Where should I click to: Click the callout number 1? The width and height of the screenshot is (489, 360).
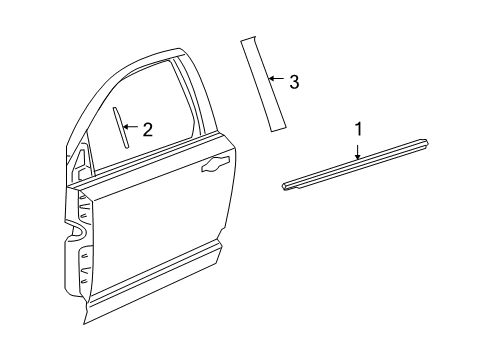357,129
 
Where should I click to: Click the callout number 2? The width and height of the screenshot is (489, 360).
147,129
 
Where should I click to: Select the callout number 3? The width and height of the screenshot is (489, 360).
293,82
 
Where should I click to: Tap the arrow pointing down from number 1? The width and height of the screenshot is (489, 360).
357,150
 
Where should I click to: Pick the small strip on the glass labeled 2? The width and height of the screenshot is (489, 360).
122,127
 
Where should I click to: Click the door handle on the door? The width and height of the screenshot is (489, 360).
213,166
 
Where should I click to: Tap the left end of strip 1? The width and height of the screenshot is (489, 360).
286,184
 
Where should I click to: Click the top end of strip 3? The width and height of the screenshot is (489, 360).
246,42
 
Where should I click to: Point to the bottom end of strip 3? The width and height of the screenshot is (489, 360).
281,125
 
